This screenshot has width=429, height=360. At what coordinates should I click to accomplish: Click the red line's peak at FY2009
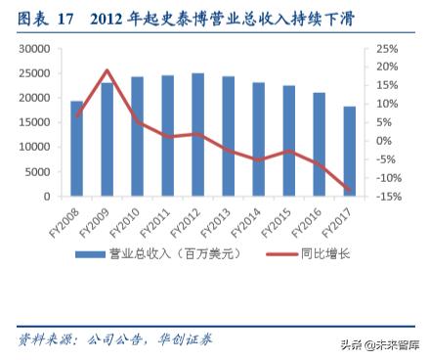[107, 70]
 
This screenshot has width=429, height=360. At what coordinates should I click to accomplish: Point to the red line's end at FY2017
[349, 190]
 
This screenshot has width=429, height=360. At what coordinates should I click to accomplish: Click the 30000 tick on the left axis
[35, 49]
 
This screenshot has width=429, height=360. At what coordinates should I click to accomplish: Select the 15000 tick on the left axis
[35, 122]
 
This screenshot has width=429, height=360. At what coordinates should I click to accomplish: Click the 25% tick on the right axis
[387, 49]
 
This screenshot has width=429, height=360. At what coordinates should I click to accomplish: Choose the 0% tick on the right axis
[384, 141]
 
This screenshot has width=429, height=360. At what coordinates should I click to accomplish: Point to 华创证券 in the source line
[186, 339]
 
